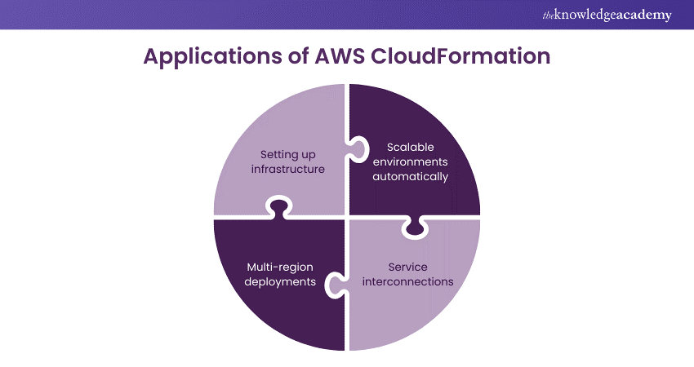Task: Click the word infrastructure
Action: (x=288, y=170)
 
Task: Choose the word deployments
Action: (x=280, y=281)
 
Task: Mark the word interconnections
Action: (x=408, y=281)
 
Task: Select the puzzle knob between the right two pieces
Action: (x=416, y=229)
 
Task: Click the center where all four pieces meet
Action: (x=347, y=217)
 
